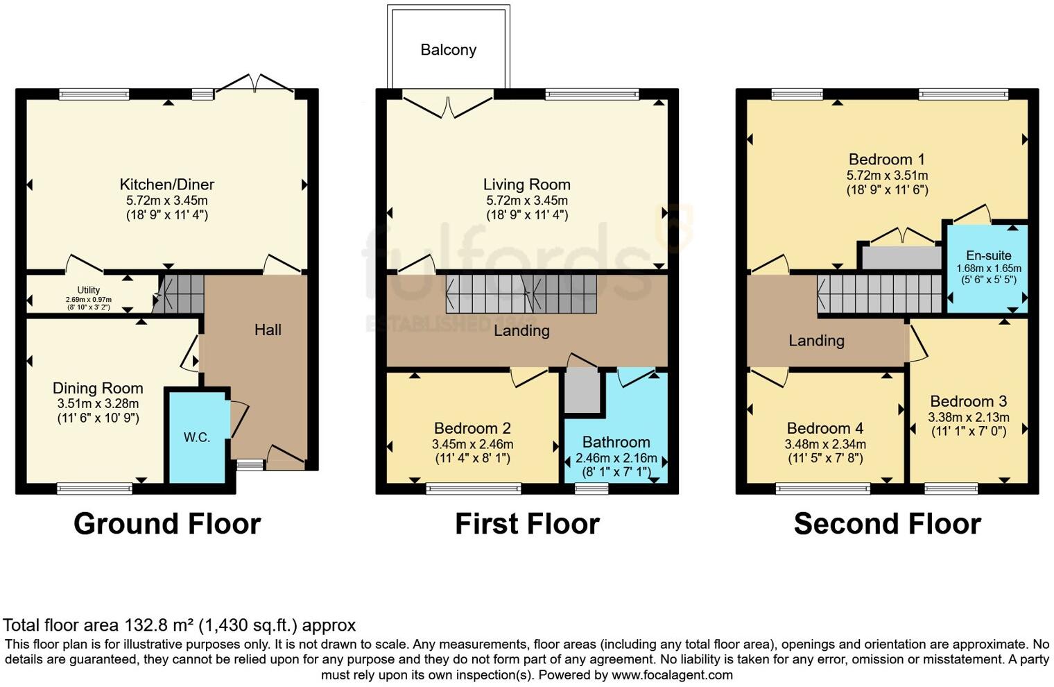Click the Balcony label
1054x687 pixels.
[448, 50]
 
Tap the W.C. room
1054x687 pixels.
[197, 437]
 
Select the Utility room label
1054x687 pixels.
[89, 290]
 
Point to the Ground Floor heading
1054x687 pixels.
[167, 524]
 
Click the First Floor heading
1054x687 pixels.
[527, 524]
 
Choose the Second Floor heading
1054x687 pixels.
[887, 524]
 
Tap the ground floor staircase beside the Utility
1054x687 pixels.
[179, 294]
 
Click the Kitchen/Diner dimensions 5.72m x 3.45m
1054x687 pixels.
[166, 201]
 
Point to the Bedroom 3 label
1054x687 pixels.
[968, 401]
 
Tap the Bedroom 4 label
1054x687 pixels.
[824, 428]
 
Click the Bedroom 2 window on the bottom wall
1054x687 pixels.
[474, 489]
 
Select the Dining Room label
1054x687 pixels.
[98, 388]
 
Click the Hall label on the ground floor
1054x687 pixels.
[268, 330]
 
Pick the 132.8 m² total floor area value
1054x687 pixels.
[159, 625]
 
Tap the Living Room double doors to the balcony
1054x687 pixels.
[449, 104]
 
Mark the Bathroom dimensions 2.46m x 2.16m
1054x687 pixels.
[616, 458]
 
